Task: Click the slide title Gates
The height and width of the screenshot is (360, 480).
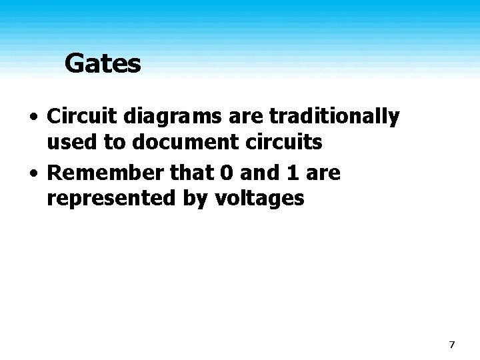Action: click(103, 64)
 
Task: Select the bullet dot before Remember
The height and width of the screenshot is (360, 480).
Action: click(33, 175)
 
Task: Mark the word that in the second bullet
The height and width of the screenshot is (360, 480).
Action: click(194, 173)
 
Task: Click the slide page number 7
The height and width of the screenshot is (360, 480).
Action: click(452, 345)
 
